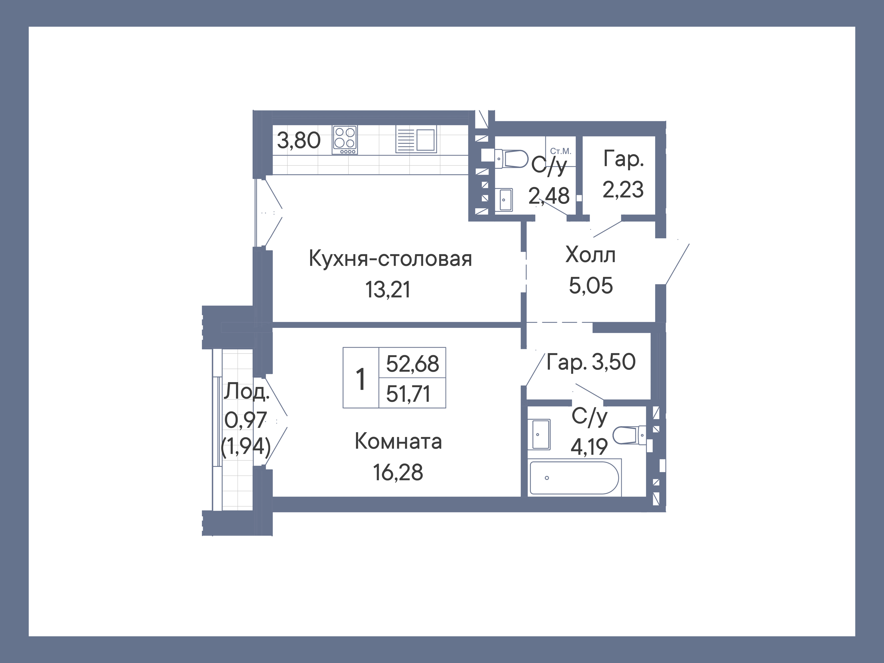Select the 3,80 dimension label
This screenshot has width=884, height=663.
[x=298, y=140]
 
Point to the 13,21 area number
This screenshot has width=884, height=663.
[x=388, y=290]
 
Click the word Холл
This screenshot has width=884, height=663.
[x=590, y=255]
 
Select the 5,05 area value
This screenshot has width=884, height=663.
[x=590, y=285]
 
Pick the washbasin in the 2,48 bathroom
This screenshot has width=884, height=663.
[x=505, y=199]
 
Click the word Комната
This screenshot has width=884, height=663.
[x=398, y=442]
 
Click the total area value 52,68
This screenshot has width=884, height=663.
[x=412, y=364]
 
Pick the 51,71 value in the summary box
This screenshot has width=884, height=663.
[x=408, y=394]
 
